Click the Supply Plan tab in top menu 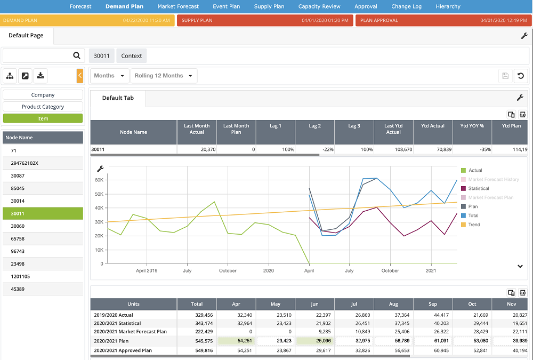[x=269, y=6]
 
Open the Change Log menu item [x=406, y=6]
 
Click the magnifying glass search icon [x=77, y=55]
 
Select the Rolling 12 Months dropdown [x=164, y=76]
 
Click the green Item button [x=43, y=118]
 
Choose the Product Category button [x=43, y=107]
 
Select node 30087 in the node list [x=18, y=175]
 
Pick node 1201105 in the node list [x=20, y=276]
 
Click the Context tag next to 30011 [x=131, y=55]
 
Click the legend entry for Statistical [x=478, y=188]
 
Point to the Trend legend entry [x=474, y=225]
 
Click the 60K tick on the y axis [x=99, y=180]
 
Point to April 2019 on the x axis [x=147, y=270]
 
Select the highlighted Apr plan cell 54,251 [x=236, y=341]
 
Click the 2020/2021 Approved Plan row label [x=123, y=350]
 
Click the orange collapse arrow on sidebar [x=80, y=76]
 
